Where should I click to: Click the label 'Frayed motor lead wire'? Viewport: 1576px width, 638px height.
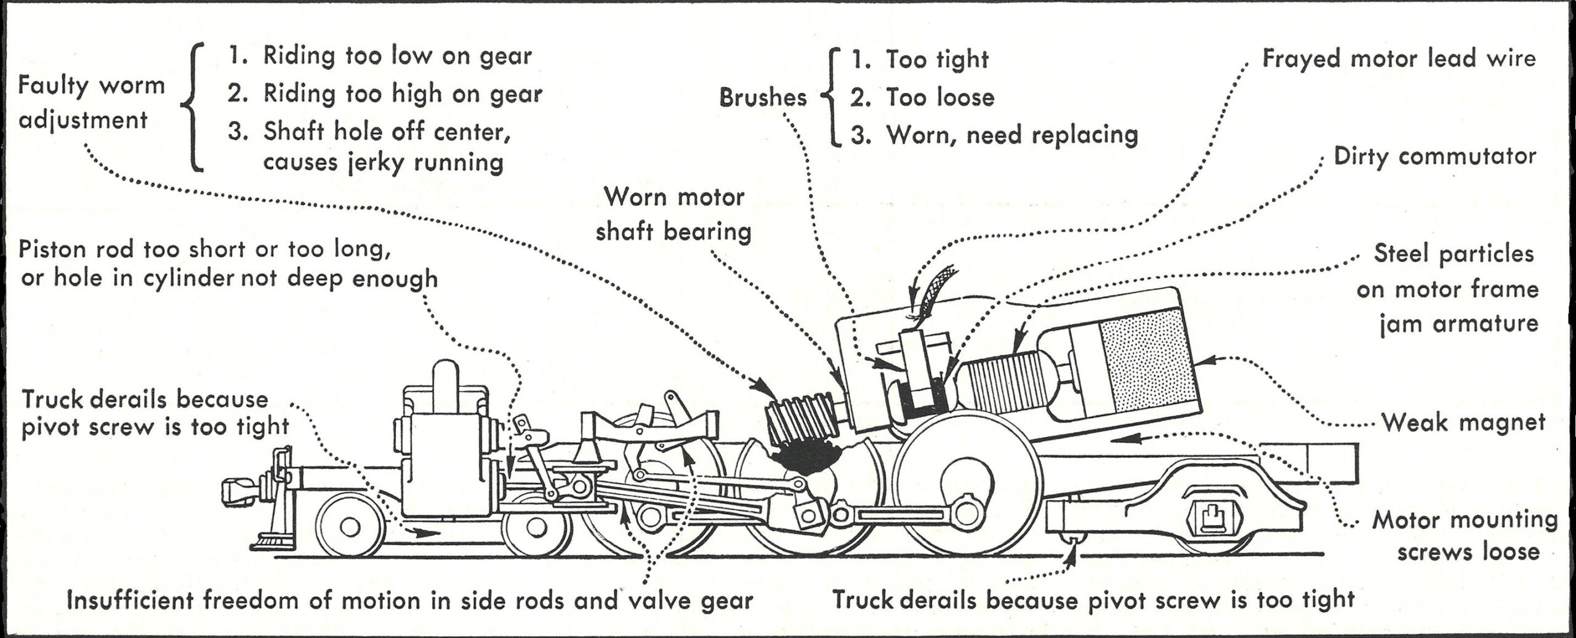coord(1399,59)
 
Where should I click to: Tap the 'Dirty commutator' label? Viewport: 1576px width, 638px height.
coord(1434,156)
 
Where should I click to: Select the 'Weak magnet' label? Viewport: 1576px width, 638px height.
coord(1463,422)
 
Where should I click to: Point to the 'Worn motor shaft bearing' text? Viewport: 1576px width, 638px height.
coord(674,214)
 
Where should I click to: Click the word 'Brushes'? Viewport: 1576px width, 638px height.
coord(763,97)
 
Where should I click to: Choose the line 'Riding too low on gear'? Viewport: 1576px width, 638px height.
coord(397,56)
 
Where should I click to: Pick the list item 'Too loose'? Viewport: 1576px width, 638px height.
coord(939,97)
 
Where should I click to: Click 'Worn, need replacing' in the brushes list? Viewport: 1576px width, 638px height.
coord(1011,135)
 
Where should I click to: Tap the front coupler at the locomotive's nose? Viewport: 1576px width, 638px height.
coord(238,490)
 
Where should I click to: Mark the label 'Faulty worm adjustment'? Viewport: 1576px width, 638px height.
coord(91,102)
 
